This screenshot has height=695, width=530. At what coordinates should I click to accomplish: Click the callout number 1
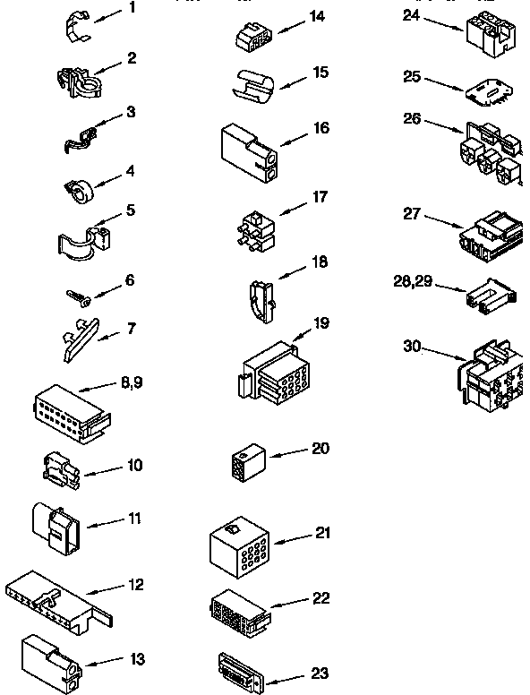point(132,8)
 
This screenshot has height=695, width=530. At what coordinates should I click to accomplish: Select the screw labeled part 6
point(75,296)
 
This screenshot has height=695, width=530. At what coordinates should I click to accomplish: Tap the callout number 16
point(321,129)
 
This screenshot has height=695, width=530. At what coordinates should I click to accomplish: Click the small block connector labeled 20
point(244,461)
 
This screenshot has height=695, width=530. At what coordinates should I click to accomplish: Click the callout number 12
point(136,586)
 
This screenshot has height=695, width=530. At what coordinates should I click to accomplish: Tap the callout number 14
point(317,17)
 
